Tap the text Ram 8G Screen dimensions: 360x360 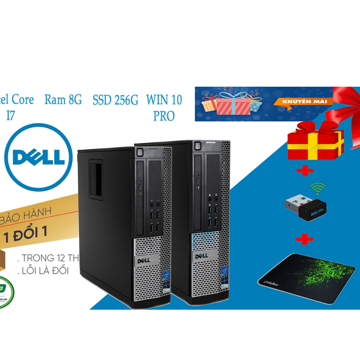tap(63, 99)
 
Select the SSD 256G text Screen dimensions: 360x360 tap(115, 100)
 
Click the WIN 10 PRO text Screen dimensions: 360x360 tap(164, 107)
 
